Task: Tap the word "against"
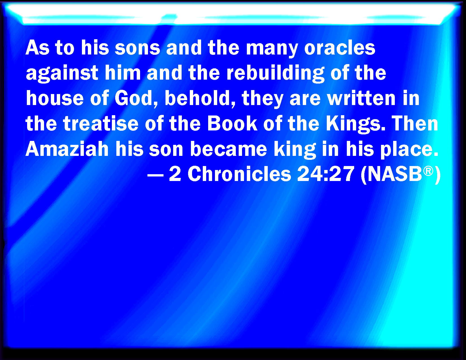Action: pyautogui.click(x=62, y=73)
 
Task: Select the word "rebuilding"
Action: pyautogui.click(x=275, y=73)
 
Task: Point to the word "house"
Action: pyautogui.click(x=55, y=98)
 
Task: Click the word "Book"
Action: pyautogui.click(x=232, y=123)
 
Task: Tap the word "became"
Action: pyautogui.click(x=228, y=149)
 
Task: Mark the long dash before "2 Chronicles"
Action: pyautogui.click(x=156, y=175)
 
